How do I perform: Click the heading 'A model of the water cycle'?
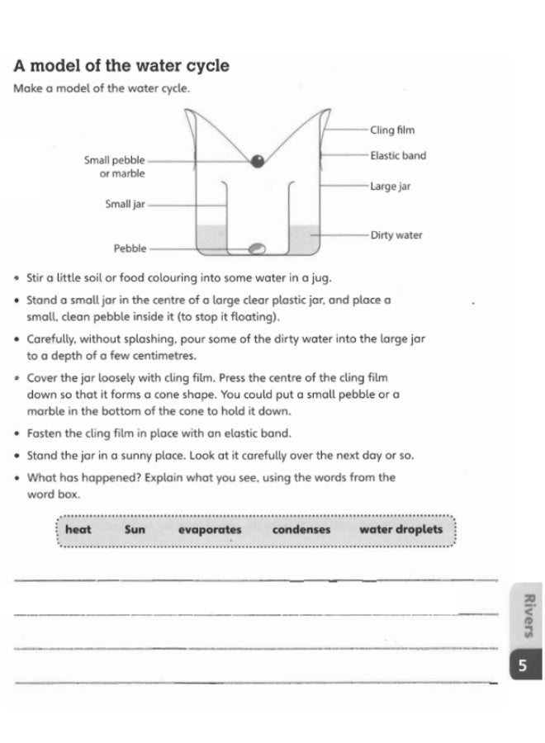tap(121, 66)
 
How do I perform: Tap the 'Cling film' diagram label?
tap(391, 130)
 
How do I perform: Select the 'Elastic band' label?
tap(398, 155)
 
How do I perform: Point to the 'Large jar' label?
tap(390, 187)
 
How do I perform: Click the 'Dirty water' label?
tap(396, 235)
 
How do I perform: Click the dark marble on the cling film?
tap(258, 161)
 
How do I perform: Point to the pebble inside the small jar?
tap(257, 247)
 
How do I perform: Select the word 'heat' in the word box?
tap(78, 530)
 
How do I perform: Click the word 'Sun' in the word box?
tap(135, 530)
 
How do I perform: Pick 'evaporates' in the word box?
tap(210, 530)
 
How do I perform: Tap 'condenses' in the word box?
tap(301, 530)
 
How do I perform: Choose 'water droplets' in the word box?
tap(401, 530)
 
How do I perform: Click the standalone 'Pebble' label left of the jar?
tap(130, 248)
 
